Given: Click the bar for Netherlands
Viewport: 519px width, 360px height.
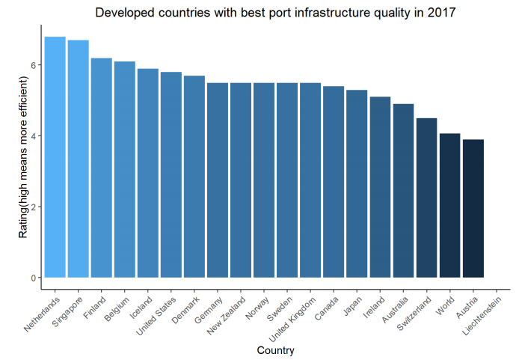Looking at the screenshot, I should pyautogui.click(x=55, y=157).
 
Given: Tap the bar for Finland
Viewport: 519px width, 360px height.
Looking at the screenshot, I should pyautogui.click(x=101, y=168).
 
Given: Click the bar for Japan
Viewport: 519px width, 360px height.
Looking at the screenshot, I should pyautogui.click(x=357, y=183).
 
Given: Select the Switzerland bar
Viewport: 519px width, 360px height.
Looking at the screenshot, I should pyautogui.click(x=426, y=198).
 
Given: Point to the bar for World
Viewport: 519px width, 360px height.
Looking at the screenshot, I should pyautogui.click(x=449, y=205).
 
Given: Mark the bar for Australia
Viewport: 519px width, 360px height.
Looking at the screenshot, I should pyautogui.click(x=403, y=191).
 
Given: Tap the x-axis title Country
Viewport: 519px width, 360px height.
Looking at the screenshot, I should pyautogui.click(x=275, y=350).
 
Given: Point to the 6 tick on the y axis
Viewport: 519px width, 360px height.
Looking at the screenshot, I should pyautogui.click(x=33, y=65).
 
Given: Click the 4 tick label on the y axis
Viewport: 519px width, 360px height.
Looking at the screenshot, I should pyautogui.click(x=33, y=136).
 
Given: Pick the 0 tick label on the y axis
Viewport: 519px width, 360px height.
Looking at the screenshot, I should pyautogui.click(x=33, y=278).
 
